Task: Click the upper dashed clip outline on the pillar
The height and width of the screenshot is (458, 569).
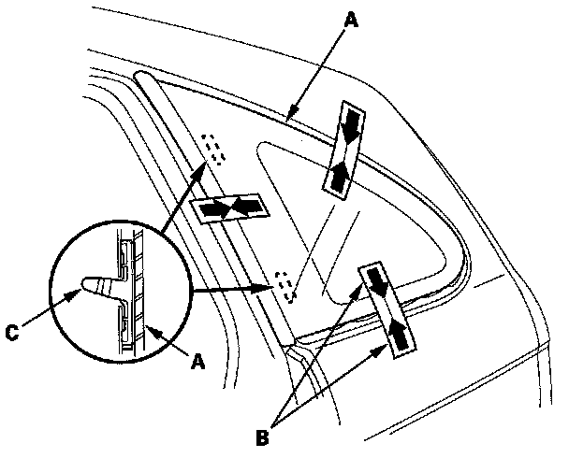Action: (214, 148)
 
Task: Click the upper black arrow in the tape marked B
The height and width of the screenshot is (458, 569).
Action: (376, 281)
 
